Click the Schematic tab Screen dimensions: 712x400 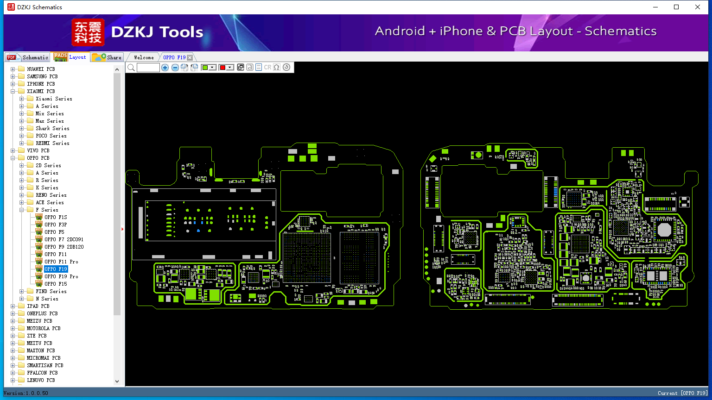(28, 57)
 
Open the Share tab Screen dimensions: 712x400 (107, 57)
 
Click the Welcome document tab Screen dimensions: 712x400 (144, 57)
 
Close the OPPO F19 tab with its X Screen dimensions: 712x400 (190, 57)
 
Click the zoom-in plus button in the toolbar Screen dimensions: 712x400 (165, 67)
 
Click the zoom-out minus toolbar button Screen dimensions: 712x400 (175, 67)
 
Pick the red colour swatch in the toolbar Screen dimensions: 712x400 (223, 67)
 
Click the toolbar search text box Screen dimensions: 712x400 (148, 67)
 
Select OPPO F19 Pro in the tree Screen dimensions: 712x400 (61, 276)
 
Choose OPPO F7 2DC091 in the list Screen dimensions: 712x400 (64, 239)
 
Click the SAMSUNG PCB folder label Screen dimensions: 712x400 (42, 76)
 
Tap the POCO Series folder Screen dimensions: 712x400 (51, 136)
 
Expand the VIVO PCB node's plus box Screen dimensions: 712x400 (13, 150)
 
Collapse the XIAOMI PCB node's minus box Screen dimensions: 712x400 (13, 91)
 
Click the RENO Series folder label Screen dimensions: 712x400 (51, 195)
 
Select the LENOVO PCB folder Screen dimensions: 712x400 (41, 380)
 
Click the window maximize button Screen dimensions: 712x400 (676, 7)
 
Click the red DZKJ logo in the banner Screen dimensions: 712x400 (88, 32)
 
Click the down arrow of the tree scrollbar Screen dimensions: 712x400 (117, 381)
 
